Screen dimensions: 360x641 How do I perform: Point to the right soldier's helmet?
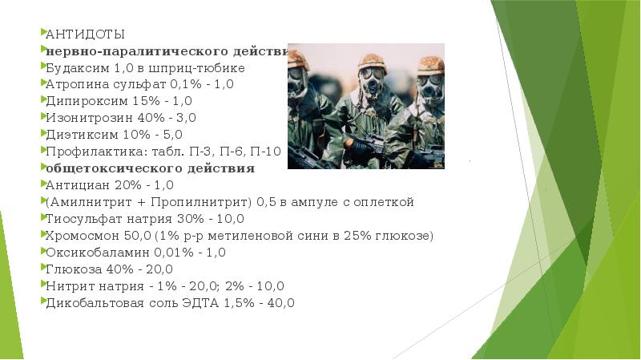(429, 63)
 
